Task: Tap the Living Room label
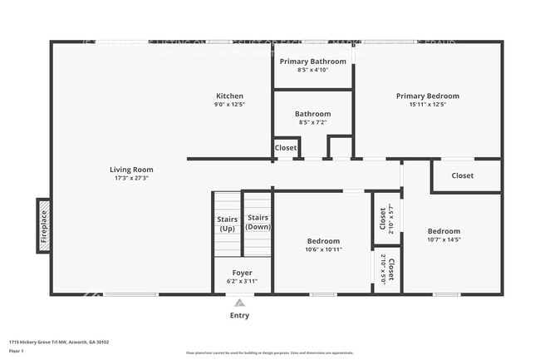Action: (x=134, y=170)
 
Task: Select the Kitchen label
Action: (x=230, y=96)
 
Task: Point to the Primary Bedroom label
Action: (x=427, y=96)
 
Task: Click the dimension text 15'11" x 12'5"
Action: (x=427, y=105)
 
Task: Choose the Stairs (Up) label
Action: (x=227, y=223)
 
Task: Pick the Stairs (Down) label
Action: (x=258, y=222)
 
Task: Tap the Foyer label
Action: (x=242, y=273)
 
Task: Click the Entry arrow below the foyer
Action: (x=239, y=303)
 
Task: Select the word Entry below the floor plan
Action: (x=239, y=315)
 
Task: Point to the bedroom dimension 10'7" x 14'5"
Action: (x=444, y=239)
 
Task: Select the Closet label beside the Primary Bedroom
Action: (x=463, y=175)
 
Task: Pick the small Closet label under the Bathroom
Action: (x=286, y=148)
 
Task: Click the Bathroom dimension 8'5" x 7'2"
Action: (x=312, y=122)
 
